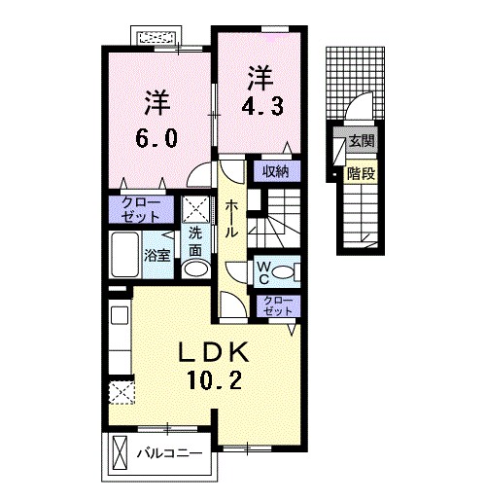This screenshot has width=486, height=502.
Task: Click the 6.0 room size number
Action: [x=156, y=138]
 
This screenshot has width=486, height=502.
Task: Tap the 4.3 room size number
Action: [x=262, y=106]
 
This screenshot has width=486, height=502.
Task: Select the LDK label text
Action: [x=214, y=352]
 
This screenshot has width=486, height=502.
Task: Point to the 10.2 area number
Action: [x=214, y=380]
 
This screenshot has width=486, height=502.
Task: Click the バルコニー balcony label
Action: [x=169, y=452]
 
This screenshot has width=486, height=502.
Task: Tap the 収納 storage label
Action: [x=276, y=171]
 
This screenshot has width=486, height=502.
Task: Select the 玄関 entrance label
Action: [x=362, y=141]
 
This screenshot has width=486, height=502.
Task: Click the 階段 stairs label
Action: [x=361, y=174]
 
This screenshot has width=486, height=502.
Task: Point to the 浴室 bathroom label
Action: [x=157, y=256]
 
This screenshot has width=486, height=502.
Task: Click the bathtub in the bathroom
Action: [x=125, y=255]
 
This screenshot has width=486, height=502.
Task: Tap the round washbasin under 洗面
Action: [x=194, y=269]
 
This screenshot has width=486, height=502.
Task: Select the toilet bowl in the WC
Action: [x=283, y=271]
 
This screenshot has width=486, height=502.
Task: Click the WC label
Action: [x=264, y=272]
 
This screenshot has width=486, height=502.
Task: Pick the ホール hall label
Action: [x=231, y=218]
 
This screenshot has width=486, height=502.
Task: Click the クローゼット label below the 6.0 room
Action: [x=141, y=209]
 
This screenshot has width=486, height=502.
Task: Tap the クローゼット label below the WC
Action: [x=278, y=305]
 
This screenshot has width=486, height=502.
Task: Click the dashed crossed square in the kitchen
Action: [x=121, y=393]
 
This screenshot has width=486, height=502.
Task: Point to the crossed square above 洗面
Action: [x=195, y=209]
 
